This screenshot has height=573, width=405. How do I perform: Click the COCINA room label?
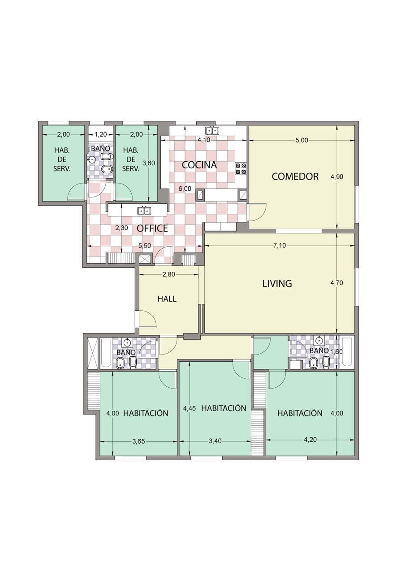point(199,165)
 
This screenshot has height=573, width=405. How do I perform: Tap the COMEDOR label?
point(295,176)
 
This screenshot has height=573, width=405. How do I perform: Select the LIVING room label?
point(277,283)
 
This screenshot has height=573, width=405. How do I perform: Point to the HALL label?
point(167,299)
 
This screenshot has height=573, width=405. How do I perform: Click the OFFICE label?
point(152,228)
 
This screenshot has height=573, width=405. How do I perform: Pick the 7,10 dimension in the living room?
point(280,246)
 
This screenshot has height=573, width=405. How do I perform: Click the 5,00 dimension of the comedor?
point(302,140)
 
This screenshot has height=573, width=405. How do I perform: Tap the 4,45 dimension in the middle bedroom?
point(190,409)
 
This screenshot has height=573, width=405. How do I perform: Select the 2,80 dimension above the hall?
point(169,274)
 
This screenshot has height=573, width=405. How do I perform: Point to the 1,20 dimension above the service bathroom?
point(101,134)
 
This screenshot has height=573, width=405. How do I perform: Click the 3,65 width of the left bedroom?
point(138,441)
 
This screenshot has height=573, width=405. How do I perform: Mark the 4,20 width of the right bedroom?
point(310,440)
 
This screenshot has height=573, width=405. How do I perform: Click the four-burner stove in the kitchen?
point(241,169)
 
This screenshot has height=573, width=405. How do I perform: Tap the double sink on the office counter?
point(144,211)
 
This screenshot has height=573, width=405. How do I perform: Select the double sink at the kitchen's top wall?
point(212,130)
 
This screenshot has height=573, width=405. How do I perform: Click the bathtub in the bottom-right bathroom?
point(348,352)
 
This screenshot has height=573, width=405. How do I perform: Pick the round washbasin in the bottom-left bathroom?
point(127,342)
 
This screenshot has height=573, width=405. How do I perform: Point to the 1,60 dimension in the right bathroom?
point(336,352)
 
